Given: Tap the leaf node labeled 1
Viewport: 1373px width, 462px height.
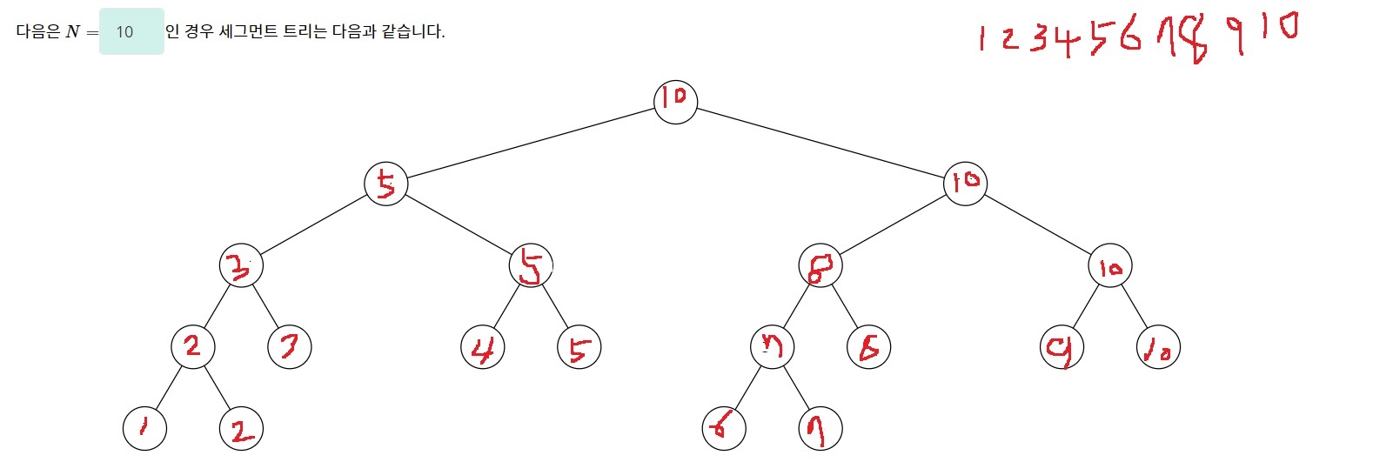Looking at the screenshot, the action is (144, 427).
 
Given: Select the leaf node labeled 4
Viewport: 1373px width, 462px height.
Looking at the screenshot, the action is (483, 347).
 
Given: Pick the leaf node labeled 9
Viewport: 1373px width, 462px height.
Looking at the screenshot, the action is (1062, 347).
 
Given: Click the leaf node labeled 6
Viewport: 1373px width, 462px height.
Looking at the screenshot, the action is (724, 427).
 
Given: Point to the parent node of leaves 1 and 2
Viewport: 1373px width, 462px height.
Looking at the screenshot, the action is (192, 346).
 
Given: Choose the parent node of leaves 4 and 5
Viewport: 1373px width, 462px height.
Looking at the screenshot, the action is (531, 265).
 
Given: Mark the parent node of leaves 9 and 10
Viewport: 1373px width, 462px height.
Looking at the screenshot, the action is (1110, 266).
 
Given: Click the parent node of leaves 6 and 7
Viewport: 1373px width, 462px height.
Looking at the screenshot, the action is (772, 347).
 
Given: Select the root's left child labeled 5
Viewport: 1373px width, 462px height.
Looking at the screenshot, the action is (385, 184).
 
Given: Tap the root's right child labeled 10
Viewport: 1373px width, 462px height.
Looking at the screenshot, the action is (965, 184).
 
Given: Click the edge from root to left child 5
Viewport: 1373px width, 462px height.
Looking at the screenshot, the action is (531, 143).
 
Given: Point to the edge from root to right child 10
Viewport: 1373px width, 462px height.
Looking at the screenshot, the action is (820, 143).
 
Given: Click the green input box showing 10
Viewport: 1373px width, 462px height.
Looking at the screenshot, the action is (131, 32).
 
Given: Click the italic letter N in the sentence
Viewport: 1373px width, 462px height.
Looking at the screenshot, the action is (73, 32).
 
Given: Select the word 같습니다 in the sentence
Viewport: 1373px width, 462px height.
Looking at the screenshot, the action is (413, 32).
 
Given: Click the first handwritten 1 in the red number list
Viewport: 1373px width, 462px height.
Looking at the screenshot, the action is (981, 39).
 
